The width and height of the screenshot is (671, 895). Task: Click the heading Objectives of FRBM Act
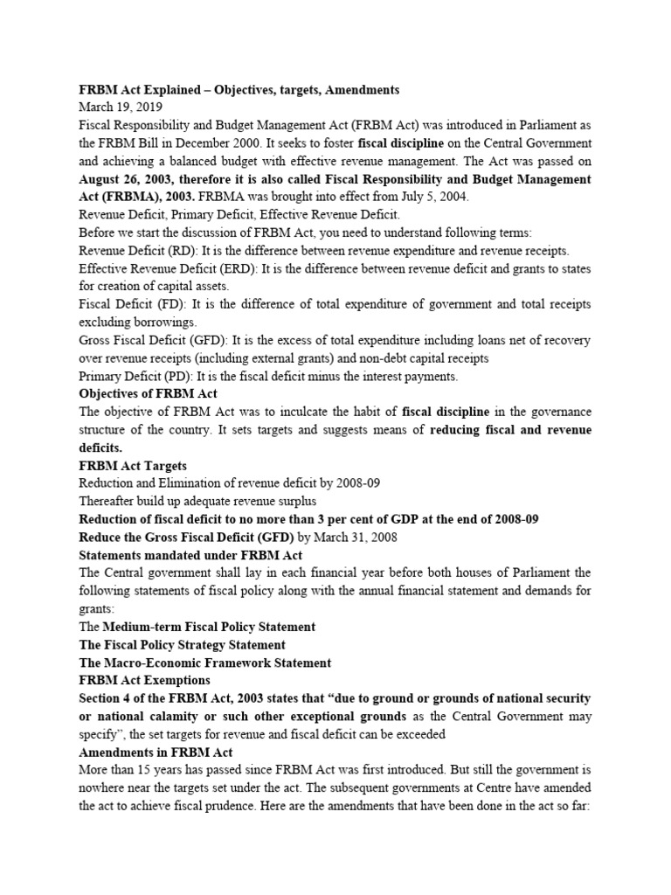coord(148,394)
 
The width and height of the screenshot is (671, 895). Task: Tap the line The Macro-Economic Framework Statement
coord(205,663)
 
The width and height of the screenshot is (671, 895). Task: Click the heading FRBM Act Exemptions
coord(143,680)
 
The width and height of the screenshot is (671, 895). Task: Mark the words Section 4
coord(107,698)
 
